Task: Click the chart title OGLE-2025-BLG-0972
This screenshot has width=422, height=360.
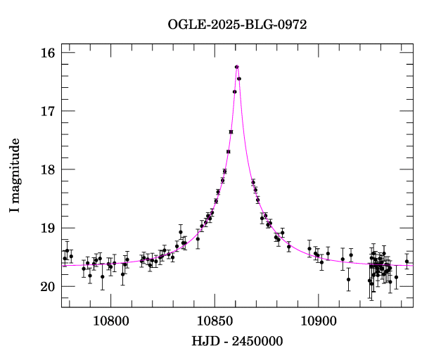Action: click(237, 24)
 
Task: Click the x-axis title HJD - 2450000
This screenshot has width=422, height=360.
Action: click(237, 341)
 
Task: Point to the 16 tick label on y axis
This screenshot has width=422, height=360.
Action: click(47, 53)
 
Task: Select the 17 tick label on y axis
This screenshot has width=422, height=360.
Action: click(47, 112)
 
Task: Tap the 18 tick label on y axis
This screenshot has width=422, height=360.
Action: click(47, 170)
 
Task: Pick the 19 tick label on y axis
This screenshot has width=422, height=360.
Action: click(47, 229)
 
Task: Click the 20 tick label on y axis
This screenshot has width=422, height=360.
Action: click(47, 287)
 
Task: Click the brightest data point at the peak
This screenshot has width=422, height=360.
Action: click(237, 67)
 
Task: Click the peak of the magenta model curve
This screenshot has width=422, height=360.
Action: click(237, 65)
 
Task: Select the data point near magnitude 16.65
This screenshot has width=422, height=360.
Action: click(234, 91)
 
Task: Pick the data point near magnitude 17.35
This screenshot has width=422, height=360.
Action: click(231, 131)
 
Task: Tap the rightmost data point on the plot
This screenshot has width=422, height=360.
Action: click(407, 262)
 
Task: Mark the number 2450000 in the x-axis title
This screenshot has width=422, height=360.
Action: click(257, 341)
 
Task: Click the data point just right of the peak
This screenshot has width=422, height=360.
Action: click(239, 79)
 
